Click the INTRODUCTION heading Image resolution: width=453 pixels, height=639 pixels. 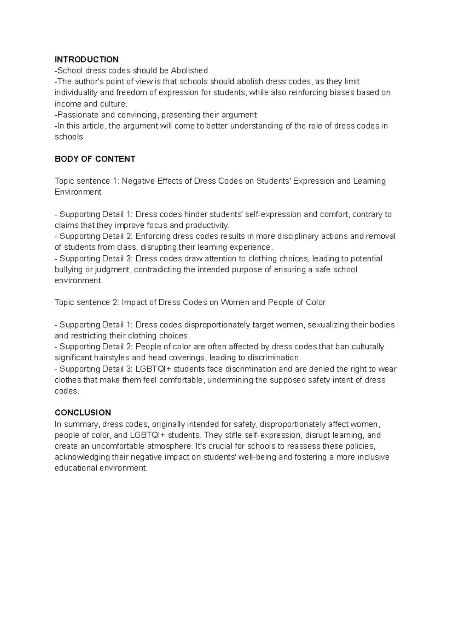[86, 60]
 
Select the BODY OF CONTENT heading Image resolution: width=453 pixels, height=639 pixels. [95, 159]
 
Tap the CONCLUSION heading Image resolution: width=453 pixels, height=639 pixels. [83, 413]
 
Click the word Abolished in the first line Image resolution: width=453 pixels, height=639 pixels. [189, 71]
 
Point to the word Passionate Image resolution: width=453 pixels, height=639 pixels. [75, 115]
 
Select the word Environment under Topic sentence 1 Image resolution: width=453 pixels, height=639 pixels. [78, 192]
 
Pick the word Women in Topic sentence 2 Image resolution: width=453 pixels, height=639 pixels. [234, 303]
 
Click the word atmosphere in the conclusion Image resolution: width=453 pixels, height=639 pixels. [169, 446]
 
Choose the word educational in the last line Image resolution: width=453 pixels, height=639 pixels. [75, 468]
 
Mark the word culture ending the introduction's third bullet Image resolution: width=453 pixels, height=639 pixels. [114, 104]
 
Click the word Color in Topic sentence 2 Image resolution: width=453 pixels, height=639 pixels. [315, 303]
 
